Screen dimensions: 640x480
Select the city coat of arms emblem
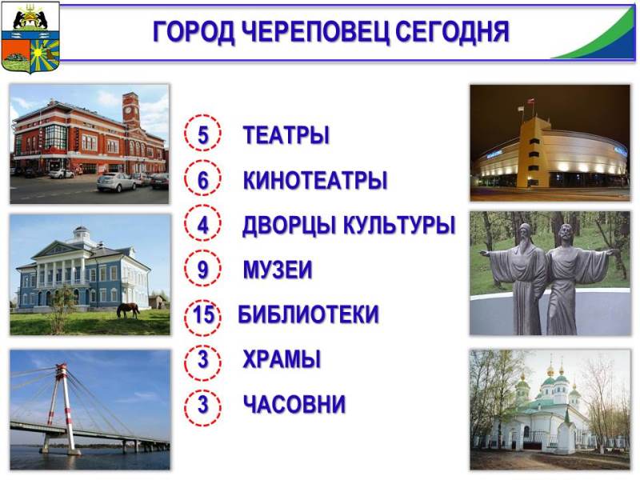click(x=30, y=38)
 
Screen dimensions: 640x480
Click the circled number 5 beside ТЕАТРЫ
click(x=203, y=134)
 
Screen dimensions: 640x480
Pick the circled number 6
click(x=203, y=179)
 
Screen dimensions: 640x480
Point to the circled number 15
click(x=203, y=314)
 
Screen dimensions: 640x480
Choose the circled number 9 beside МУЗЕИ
click(x=203, y=270)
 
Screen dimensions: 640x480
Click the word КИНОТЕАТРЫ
click(x=315, y=180)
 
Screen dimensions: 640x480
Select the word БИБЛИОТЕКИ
click(x=309, y=314)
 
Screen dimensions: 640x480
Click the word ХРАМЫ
click(x=282, y=359)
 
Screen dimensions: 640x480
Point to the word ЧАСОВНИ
click(x=294, y=404)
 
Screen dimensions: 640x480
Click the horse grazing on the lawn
click(x=128, y=310)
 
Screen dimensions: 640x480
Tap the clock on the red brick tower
click(x=128, y=110)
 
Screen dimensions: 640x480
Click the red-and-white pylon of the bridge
click(x=62, y=408)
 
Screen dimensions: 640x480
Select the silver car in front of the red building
click(x=116, y=182)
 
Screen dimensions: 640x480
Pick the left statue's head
click(x=526, y=233)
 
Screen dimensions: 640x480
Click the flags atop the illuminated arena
click(x=525, y=105)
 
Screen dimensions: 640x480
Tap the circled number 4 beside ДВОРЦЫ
click(x=203, y=225)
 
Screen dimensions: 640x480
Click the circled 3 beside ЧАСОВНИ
click(x=203, y=405)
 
